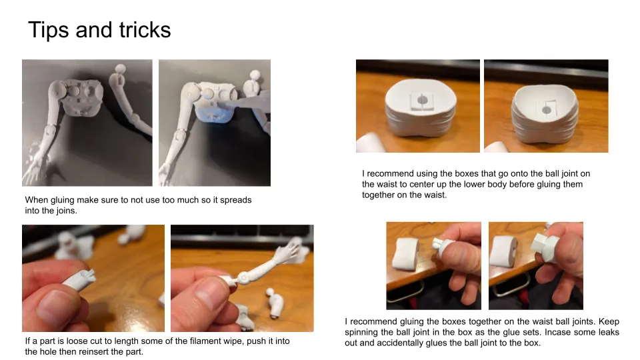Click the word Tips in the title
click(x=49, y=31)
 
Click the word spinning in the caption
click(x=361, y=333)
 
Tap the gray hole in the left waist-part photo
click(x=423, y=100)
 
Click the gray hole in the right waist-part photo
click(x=546, y=110)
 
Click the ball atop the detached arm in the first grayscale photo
click(x=121, y=69)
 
